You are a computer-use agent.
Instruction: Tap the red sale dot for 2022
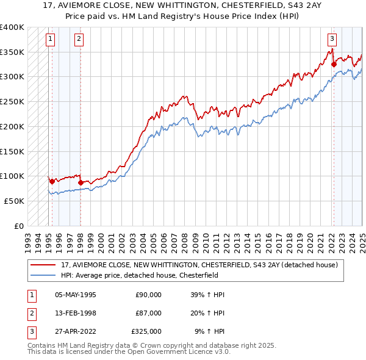click(334, 64)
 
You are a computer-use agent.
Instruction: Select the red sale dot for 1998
click(81, 182)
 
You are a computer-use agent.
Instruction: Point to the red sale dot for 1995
click(52, 181)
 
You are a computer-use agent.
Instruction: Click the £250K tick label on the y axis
click(12, 101)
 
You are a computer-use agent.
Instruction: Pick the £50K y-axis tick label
click(14, 201)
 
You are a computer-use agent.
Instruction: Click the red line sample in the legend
click(43, 265)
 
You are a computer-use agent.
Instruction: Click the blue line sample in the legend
click(43, 275)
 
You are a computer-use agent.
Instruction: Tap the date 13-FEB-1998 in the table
click(76, 313)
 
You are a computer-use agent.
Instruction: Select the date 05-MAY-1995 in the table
click(76, 295)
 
